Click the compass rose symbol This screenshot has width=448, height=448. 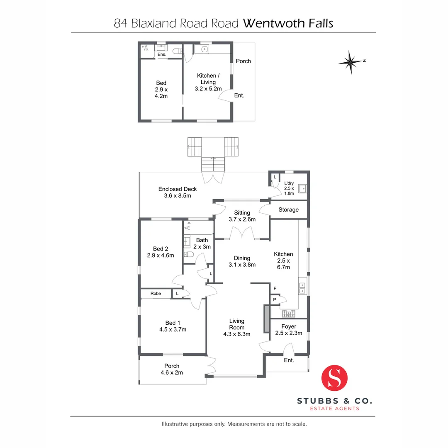(351, 62)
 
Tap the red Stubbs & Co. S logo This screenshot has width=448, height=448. (334, 378)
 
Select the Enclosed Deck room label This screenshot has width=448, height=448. (178, 189)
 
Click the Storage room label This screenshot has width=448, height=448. (288, 210)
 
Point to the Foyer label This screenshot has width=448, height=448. (289, 326)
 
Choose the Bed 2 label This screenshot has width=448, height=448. (160, 248)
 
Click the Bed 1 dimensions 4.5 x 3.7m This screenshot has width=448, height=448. (173, 330)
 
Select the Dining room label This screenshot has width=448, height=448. (242, 258)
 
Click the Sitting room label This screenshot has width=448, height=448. (242, 213)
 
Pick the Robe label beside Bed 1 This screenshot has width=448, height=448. (156, 294)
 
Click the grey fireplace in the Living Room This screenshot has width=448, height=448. (267, 319)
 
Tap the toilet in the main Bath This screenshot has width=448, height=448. (188, 254)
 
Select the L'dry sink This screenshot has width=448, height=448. (303, 189)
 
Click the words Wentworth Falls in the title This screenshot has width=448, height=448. (288, 23)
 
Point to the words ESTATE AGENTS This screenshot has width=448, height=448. (335, 409)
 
